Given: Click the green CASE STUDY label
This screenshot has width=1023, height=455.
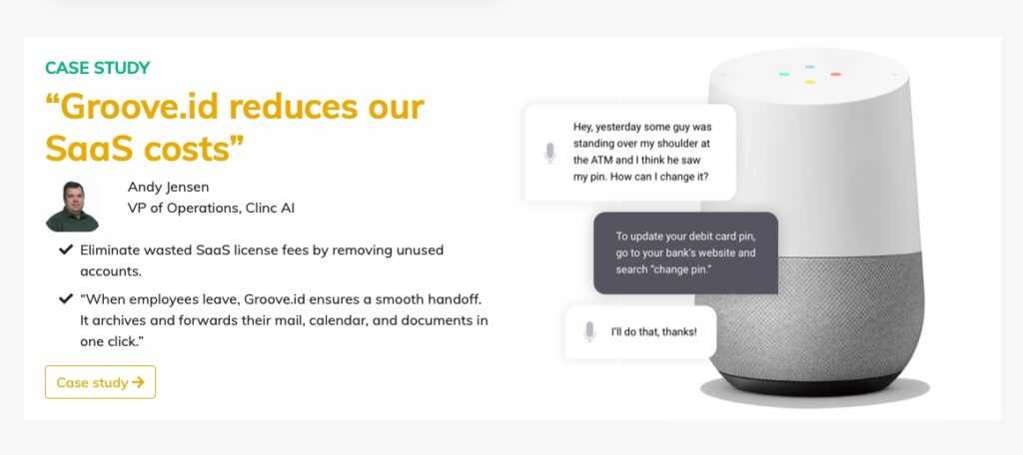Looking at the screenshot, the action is [97, 68].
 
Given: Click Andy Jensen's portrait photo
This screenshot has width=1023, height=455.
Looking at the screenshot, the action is [72, 206].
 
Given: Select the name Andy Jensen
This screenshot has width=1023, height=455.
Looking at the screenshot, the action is [168, 187].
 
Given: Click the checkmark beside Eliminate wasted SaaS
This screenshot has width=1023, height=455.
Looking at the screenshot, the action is [65, 249].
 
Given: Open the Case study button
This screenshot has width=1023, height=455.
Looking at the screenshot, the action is [101, 382].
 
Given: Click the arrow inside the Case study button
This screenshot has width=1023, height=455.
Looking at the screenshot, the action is [138, 382].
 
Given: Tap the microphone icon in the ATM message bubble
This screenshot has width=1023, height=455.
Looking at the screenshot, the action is [550, 153].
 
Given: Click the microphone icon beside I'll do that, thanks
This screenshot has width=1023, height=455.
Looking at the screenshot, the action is [589, 332].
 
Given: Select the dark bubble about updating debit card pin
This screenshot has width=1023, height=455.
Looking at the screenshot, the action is [685, 252].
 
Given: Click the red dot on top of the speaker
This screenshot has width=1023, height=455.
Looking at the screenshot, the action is [836, 74].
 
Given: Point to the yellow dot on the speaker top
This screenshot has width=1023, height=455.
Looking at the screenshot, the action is [809, 82].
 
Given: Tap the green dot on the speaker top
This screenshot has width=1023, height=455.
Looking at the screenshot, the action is [783, 74].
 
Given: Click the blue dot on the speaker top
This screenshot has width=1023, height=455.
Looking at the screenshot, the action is [809, 67].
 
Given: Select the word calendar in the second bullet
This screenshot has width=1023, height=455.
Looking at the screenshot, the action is [363, 320].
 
